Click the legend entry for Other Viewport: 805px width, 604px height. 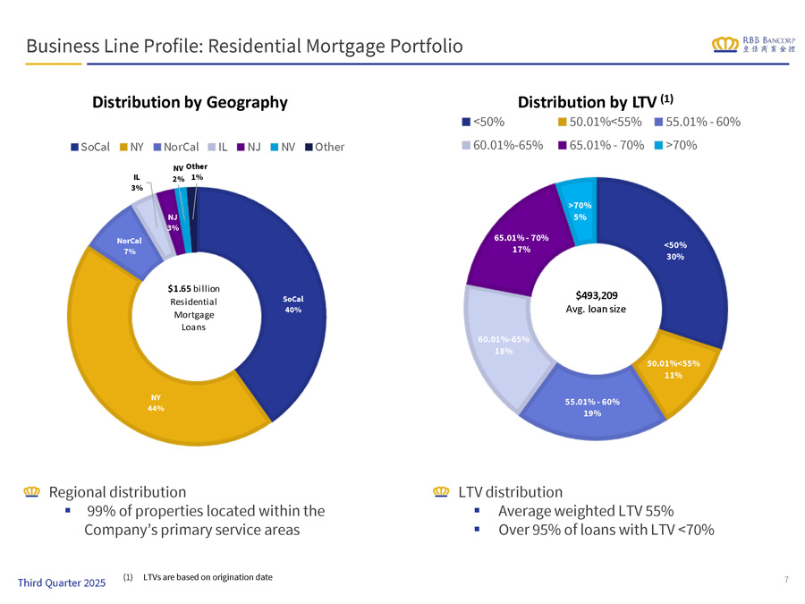click(325, 147)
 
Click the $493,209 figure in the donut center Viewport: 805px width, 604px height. click(597, 293)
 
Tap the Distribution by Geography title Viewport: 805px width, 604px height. click(190, 102)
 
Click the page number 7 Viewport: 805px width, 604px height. click(785, 580)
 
